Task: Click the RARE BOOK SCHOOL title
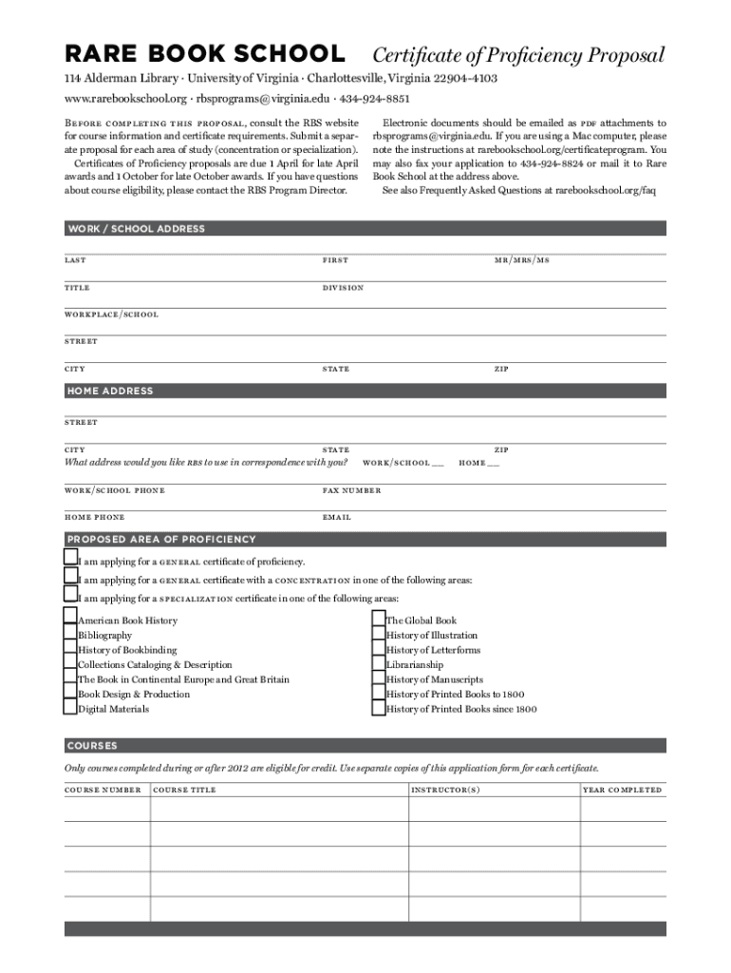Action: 204,54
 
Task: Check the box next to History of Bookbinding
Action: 70,649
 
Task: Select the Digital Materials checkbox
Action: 70,708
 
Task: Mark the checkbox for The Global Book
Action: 379,620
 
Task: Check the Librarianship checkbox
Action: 379,664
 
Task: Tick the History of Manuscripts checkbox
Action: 379,678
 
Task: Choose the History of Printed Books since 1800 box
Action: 379,708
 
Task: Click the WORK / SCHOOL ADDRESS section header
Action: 136,229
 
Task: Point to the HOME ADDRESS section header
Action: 109,391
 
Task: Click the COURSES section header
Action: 92,745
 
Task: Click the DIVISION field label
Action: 343,287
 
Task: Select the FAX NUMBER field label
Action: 351,490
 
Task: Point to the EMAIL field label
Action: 337,517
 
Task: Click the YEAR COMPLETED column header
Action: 622,790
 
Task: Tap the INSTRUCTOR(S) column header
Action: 445,790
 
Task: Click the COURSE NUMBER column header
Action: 103,790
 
